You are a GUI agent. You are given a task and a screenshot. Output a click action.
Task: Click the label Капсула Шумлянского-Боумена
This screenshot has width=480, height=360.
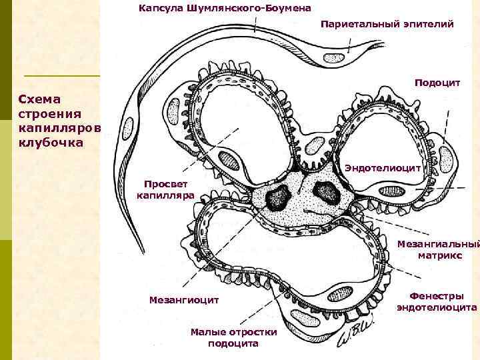point(225,8)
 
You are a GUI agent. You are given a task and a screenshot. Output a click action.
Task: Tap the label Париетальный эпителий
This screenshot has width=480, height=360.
point(387,24)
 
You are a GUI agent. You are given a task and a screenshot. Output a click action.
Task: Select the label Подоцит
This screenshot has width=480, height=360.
point(437,83)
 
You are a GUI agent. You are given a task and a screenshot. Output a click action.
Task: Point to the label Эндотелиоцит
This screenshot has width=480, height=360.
point(383,169)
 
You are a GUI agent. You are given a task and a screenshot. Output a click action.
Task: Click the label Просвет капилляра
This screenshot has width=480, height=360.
point(165,190)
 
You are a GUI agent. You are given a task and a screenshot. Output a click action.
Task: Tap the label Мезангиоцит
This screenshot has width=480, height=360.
point(185,301)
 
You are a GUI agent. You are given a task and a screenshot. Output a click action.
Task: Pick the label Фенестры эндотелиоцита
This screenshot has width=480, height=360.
point(437,302)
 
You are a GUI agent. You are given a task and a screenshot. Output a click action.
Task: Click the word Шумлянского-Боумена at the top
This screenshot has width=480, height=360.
point(254,8)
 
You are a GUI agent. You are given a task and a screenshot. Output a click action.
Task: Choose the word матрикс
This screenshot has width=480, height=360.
point(437,255)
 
